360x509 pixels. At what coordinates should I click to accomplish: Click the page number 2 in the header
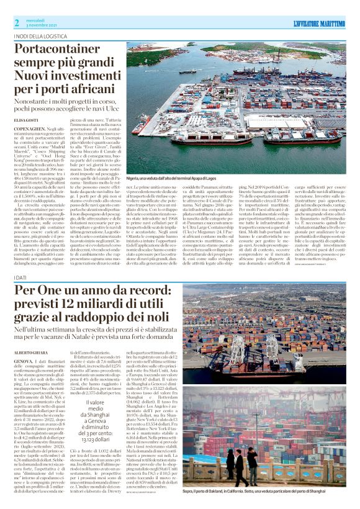tap(17, 23)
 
